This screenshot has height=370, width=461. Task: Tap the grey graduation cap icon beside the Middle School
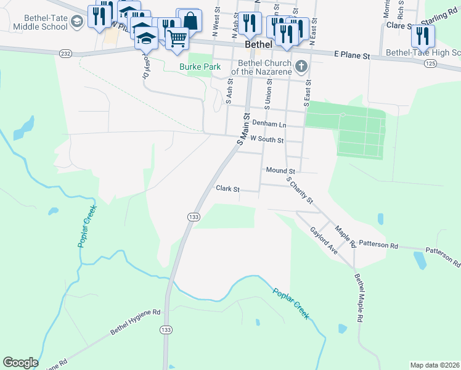coord(77,23)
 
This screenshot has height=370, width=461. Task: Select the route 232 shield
coord(66,54)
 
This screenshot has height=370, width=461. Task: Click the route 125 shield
coord(431,64)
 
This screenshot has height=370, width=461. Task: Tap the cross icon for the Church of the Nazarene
coord(300,66)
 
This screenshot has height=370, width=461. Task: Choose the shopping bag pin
coord(190,20)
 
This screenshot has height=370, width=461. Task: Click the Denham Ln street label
coord(273,125)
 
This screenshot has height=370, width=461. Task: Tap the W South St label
coord(266,140)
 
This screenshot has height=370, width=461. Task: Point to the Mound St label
coord(281,170)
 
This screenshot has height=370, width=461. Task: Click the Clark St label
coord(227,189)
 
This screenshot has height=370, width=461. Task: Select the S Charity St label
coord(300,191)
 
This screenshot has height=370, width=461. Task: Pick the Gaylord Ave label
coord(324,240)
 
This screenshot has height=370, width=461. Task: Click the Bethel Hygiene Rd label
coord(135,323)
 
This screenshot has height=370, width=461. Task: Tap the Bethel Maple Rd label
coord(357,299)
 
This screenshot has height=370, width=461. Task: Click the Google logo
coord(20,363)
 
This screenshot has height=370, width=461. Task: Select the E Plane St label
coord(351,55)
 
